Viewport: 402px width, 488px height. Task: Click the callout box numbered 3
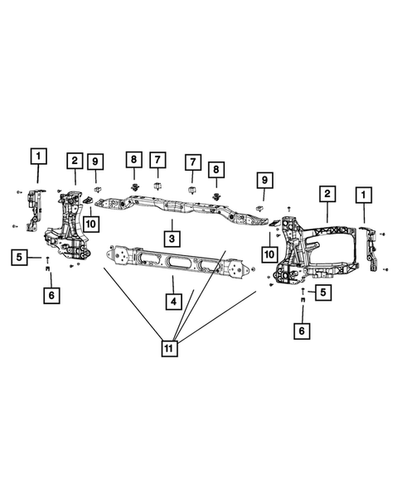(171, 239)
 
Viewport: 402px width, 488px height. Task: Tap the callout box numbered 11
(170, 350)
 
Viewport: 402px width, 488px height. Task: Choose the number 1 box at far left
(39, 155)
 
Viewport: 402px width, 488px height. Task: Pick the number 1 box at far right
(362, 194)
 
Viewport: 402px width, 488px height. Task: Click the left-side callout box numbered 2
(75, 160)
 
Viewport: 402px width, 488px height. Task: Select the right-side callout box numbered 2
(328, 194)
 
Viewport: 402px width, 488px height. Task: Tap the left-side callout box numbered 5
(19, 258)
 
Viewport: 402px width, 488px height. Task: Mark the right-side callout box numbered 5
(320, 292)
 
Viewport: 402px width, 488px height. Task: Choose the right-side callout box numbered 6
(303, 330)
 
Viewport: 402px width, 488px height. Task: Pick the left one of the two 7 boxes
(156, 160)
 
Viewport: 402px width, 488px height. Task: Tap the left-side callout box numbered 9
(96, 160)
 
